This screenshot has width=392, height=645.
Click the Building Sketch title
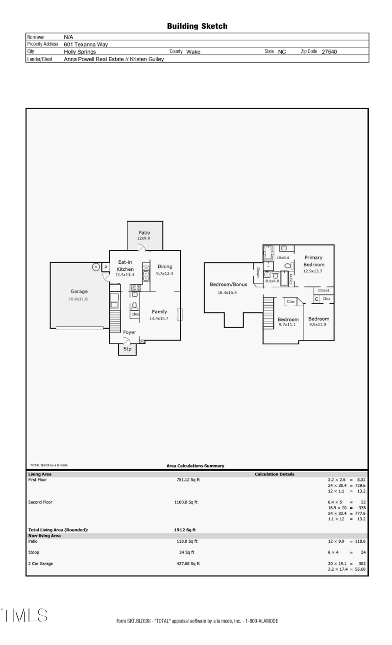pyautogui.click(x=197, y=26)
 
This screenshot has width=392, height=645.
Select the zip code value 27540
pyautogui.click(x=329, y=51)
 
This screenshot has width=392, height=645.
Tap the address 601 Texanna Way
pyautogui.click(x=86, y=44)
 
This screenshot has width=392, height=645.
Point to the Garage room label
pyautogui.click(x=79, y=291)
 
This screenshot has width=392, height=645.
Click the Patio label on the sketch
pyautogui.click(x=144, y=233)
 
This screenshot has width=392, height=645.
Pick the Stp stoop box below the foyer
pyautogui.click(x=127, y=349)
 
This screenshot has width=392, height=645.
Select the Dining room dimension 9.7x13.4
pyautogui.click(x=165, y=274)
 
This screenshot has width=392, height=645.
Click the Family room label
pyautogui.click(x=159, y=311)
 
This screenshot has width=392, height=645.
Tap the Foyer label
pyautogui.click(x=129, y=332)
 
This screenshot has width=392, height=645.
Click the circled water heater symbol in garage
pyautogui.click(x=97, y=267)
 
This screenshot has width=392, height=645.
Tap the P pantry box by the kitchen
pyautogui.click(x=105, y=267)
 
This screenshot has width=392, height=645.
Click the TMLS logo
pyautogui.click(x=24, y=616)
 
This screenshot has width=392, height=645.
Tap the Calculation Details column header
pyautogui.click(x=274, y=474)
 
